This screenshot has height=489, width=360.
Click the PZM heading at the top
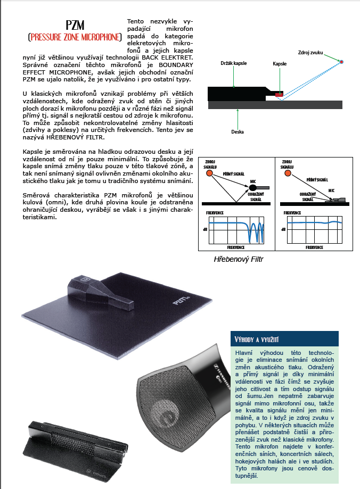(75, 25)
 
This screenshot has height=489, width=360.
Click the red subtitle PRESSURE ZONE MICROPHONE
(75, 37)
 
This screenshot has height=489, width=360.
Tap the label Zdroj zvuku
(310, 53)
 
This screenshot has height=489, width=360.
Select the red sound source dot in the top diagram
(341, 62)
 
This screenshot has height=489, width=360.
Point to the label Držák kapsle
(234, 63)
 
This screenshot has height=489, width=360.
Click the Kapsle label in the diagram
(280, 64)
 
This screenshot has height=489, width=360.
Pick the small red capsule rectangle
(279, 94)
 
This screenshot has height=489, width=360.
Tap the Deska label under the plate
(238, 132)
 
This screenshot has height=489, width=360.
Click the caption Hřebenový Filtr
(239, 259)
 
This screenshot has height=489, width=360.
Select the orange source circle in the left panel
(209, 173)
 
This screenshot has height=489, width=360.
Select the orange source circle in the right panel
(288, 173)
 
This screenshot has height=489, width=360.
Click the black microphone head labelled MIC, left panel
(252, 188)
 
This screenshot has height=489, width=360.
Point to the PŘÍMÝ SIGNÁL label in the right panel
(317, 180)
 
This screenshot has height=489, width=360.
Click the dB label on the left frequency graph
(205, 229)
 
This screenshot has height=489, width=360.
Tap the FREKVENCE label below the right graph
(314, 247)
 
